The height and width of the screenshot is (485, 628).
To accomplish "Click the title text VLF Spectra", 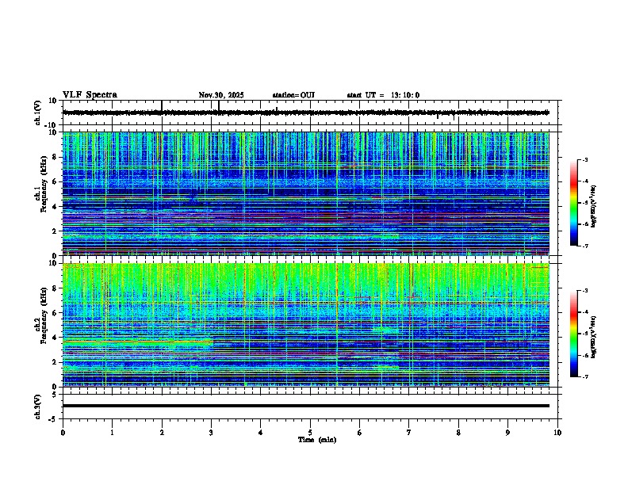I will [x=90, y=95].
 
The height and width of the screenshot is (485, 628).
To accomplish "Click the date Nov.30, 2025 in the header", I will [x=221, y=95].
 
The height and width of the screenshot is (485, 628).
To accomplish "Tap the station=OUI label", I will [x=293, y=95].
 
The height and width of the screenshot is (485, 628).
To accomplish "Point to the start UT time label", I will [x=383, y=95].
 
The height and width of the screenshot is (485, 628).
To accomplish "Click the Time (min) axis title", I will [x=316, y=439].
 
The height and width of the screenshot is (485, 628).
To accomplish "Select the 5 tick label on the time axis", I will [x=310, y=432].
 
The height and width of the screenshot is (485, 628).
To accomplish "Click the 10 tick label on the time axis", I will [x=557, y=432].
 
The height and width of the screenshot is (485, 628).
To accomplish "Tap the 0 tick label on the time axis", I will [x=63, y=432].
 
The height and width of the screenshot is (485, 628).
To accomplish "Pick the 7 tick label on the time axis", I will [x=409, y=432].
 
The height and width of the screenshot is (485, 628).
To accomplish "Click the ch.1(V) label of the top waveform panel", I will [x=38, y=113].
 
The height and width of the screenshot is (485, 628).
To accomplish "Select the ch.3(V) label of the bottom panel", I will [x=38, y=406].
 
